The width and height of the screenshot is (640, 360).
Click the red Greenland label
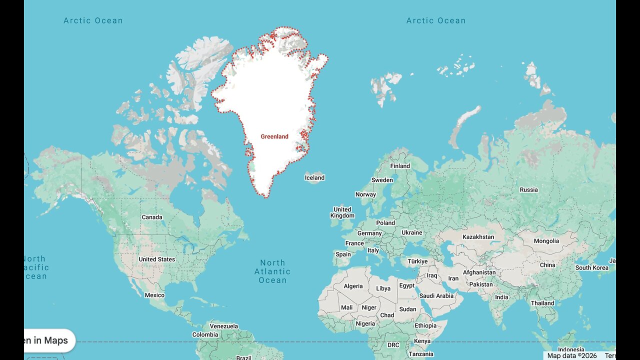[274, 136]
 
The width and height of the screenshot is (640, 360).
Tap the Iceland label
[314, 177]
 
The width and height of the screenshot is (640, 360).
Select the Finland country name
[400, 166]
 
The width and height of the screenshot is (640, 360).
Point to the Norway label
[365, 194]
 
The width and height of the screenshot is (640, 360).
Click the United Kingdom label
[342, 212]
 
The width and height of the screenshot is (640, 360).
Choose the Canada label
[152, 217]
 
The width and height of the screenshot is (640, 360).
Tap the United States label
[157, 259]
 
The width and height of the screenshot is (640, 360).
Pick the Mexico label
[154, 295]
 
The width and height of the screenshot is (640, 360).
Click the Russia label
[528, 189]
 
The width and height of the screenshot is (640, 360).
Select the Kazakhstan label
[478, 237]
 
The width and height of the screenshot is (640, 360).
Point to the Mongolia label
[546, 241]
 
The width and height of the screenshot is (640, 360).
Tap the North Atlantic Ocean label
[272, 271]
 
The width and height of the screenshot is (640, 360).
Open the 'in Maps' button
[49, 340]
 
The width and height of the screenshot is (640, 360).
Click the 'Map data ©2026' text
[572, 355]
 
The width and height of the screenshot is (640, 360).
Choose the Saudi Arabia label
[437, 295]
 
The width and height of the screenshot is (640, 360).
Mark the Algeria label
[353, 286]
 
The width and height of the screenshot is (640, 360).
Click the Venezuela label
[223, 326]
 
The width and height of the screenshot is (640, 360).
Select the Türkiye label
[417, 261]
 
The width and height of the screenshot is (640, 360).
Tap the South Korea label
[592, 267]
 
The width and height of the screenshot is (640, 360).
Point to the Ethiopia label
[425, 325]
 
